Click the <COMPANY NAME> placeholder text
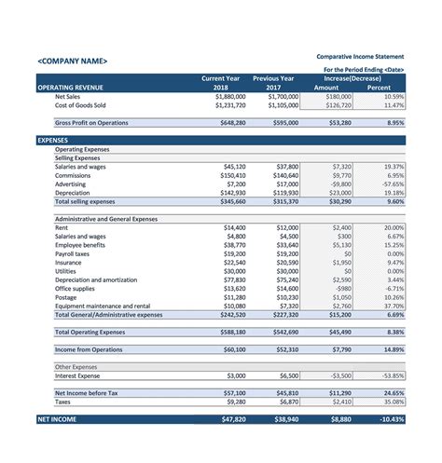click(x=72, y=61)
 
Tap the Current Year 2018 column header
click(x=228, y=83)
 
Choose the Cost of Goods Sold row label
click(x=80, y=105)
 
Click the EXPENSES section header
click(x=52, y=140)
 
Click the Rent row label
click(x=62, y=227)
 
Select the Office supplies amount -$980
click(x=341, y=288)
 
